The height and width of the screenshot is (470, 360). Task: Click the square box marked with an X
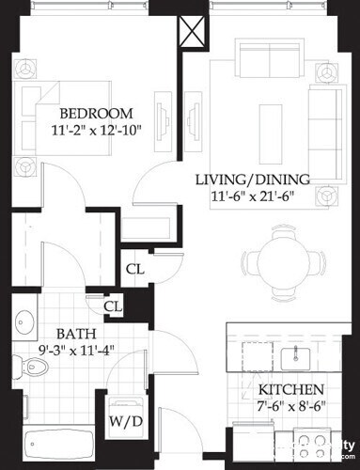coord(192,33)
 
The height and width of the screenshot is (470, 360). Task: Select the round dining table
coord(281,260)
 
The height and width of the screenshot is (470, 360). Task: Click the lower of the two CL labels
coord(113,306)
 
